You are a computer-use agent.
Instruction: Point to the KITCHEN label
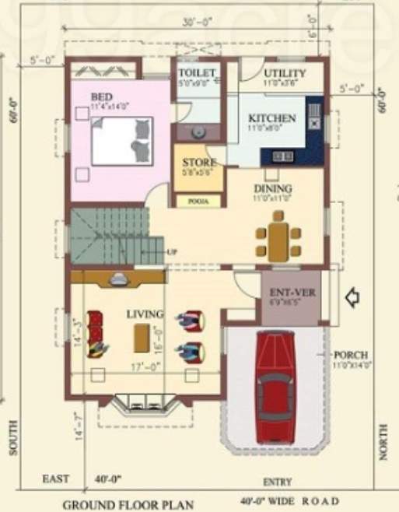pyautogui.click(x=271, y=118)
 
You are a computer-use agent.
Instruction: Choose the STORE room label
pyautogui.click(x=199, y=163)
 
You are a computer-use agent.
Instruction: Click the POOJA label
pyautogui.click(x=197, y=200)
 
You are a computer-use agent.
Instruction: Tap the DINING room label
pyautogui.click(x=272, y=188)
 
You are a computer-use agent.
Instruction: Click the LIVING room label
pyautogui.click(x=145, y=314)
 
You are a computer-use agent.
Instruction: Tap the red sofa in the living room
pyautogui.click(x=96, y=333)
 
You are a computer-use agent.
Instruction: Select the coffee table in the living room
pyautogui.click(x=142, y=338)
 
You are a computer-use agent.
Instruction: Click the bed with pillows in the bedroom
pyautogui.click(x=122, y=141)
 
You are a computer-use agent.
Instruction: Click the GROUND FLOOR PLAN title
pyautogui.click(x=128, y=504)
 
